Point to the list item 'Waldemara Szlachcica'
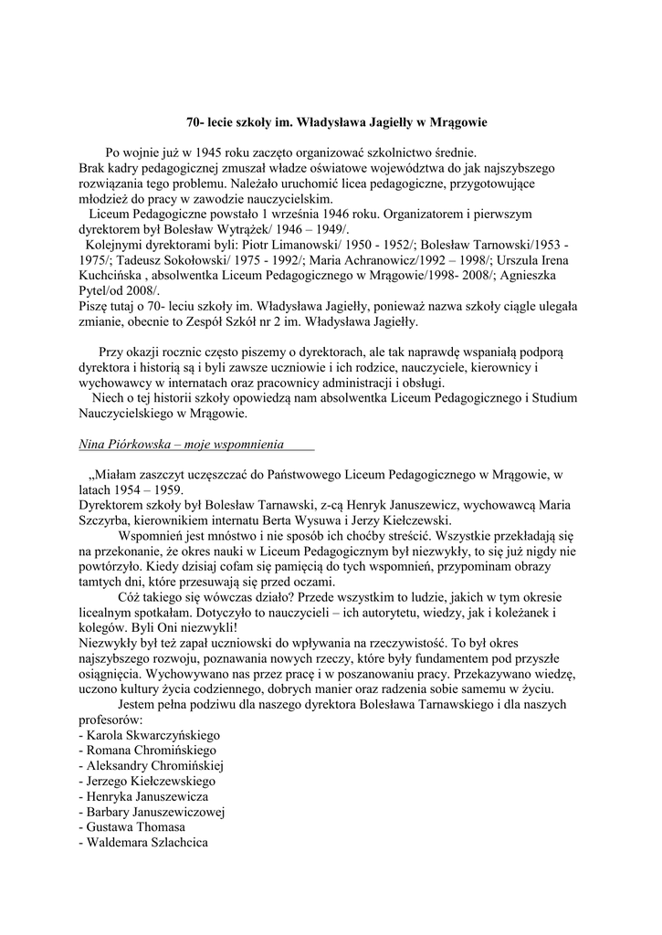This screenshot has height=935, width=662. pos(144,842)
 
